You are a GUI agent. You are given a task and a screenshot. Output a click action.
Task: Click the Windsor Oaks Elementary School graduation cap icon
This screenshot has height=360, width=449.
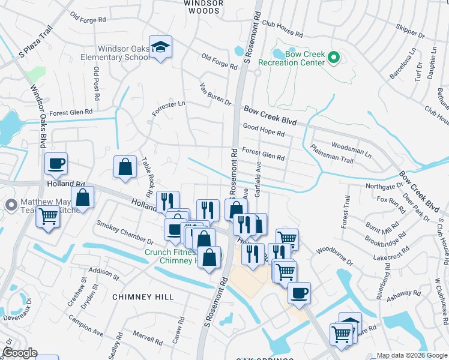(161, 46)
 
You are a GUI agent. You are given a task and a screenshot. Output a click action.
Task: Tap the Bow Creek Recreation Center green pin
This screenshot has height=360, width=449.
(334, 58)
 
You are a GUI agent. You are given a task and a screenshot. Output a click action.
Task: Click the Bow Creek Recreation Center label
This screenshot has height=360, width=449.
(292, 58)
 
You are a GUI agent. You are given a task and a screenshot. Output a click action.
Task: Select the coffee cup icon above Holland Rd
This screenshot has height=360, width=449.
(56, 163)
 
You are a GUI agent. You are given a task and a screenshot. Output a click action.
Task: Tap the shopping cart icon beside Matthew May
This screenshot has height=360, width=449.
(48, 217)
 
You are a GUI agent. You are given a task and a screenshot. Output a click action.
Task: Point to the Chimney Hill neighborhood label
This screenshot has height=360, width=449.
(143, 297)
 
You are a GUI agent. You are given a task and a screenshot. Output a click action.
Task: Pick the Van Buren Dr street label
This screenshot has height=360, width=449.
(215, 94)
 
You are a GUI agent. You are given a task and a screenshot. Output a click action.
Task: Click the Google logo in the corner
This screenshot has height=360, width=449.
(20, 353)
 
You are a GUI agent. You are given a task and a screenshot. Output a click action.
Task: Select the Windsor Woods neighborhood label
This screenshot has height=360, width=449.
(203, 7)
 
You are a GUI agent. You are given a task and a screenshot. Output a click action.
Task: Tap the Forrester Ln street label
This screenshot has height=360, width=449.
(169, 107)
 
